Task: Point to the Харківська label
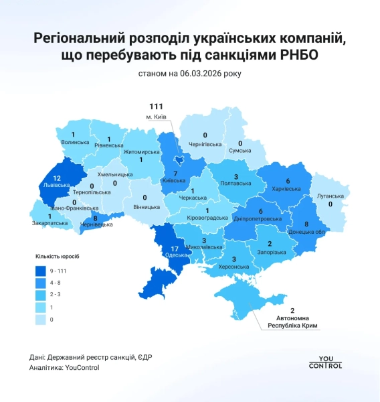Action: click(286, 189)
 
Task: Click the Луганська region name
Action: click(330, 196)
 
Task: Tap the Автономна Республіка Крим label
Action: click(290, 321)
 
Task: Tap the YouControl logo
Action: click(325, 362)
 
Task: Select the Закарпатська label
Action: click(50, 222)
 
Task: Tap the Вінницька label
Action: click(145, 206)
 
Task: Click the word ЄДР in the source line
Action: click(143, 356)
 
